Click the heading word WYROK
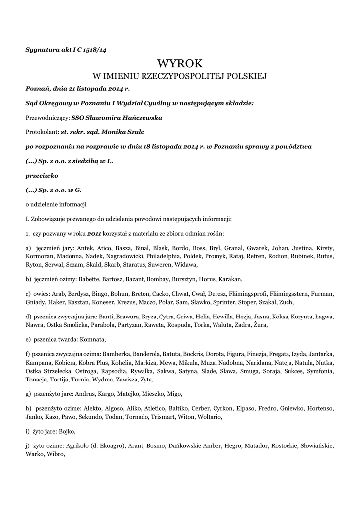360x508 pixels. tap(180, 63)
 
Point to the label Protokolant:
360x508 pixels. tap(42, 132)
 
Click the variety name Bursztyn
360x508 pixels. tap(177, 279)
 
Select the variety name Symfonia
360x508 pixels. tap(321, 372)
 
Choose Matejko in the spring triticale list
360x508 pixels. tap(129, 394)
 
